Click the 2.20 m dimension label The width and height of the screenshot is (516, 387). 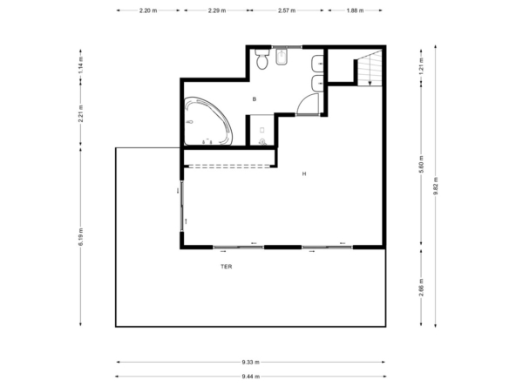click(x=148, y=10)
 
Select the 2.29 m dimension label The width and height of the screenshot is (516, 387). click(x=217, y=10)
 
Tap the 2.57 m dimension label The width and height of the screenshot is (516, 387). click(x=287, y=10)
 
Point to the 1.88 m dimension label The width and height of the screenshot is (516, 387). click(x=355, y=10)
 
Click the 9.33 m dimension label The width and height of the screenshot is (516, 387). click(x=250, y=363)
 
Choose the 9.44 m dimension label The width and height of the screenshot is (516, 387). click(x=251, y=377)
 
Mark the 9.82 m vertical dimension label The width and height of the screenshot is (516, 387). click(x=436, y=187)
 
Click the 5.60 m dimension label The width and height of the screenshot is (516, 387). click(x=422, y=164)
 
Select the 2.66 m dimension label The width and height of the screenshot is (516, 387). click(x=422, y=288)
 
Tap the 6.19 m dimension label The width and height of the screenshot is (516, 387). click(x=81, y=236)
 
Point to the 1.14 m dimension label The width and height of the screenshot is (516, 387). click(x=81, y=65)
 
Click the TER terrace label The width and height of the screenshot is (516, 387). click(x=227, y=267)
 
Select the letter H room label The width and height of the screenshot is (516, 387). click(x=304, y=173)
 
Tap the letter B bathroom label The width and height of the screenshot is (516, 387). click(x=254, y=99)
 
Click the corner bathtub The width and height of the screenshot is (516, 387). click(x=208, y=121)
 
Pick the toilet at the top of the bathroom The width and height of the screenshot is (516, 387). click(x=262, y=59)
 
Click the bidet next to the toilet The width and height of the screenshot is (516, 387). click(x=282, y=57)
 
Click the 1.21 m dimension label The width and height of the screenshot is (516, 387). click(x=422, y=66)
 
